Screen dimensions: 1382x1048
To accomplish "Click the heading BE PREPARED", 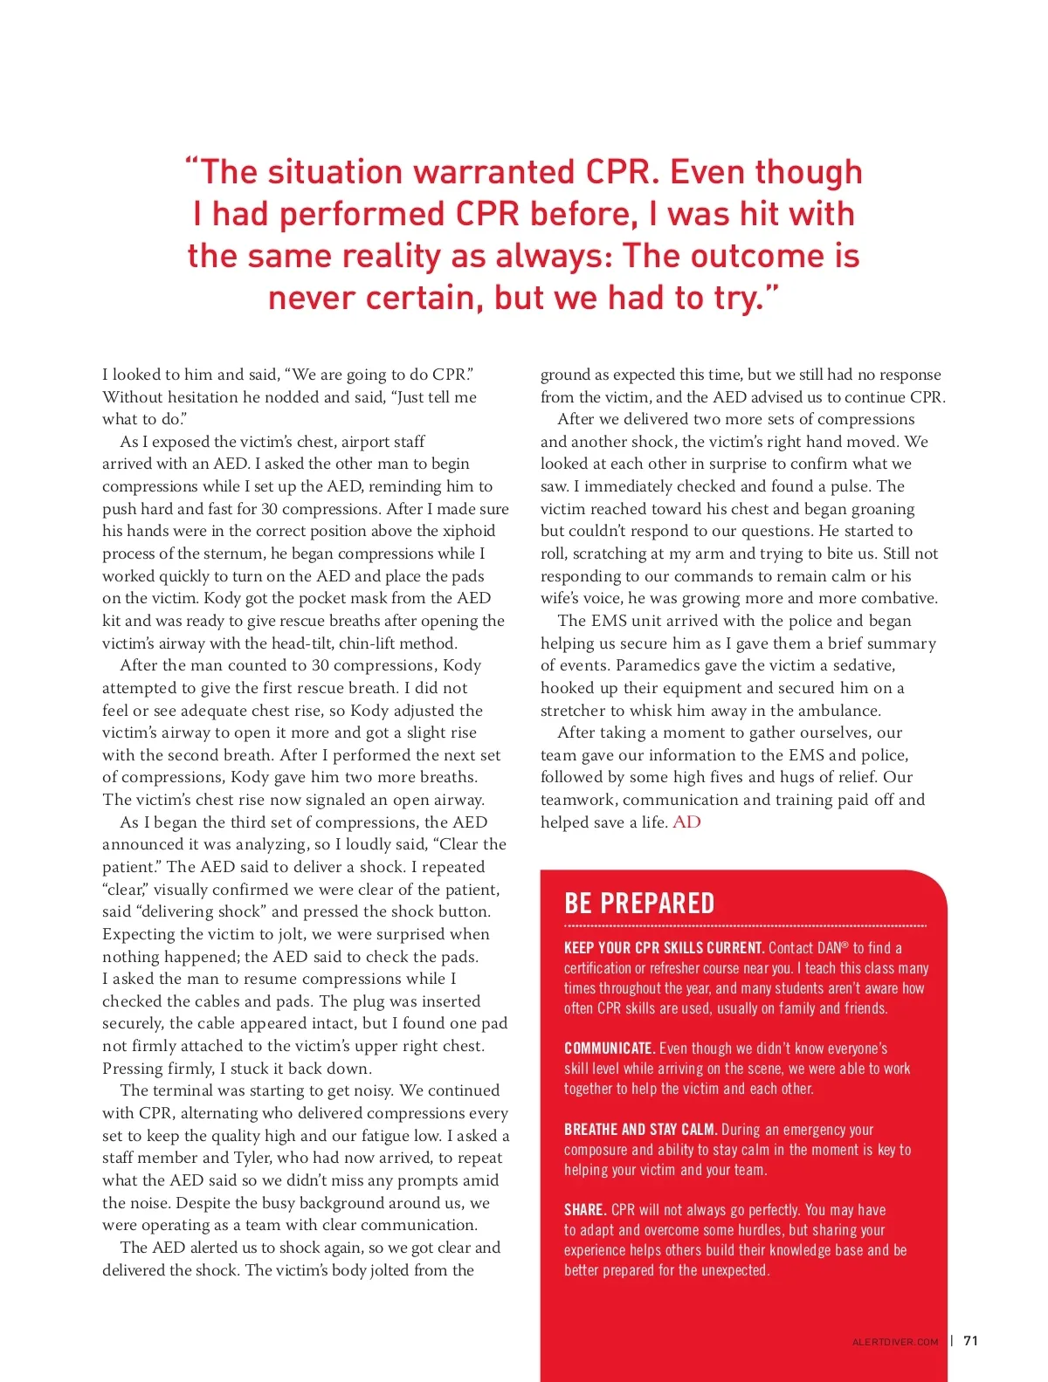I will click(639, 903).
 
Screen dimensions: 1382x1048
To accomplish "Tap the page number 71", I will click(970, 1341).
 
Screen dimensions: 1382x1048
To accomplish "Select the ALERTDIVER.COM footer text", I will click(895, 1342).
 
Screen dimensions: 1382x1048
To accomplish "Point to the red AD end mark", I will click(686, 822).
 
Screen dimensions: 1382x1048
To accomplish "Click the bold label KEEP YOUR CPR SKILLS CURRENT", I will click(664, 948).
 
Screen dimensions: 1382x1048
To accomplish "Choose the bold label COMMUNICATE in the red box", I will click(609, 1049).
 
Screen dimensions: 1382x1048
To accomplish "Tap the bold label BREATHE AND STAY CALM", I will click(640, 1130).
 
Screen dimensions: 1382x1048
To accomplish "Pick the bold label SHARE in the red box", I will click(585, 1210).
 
